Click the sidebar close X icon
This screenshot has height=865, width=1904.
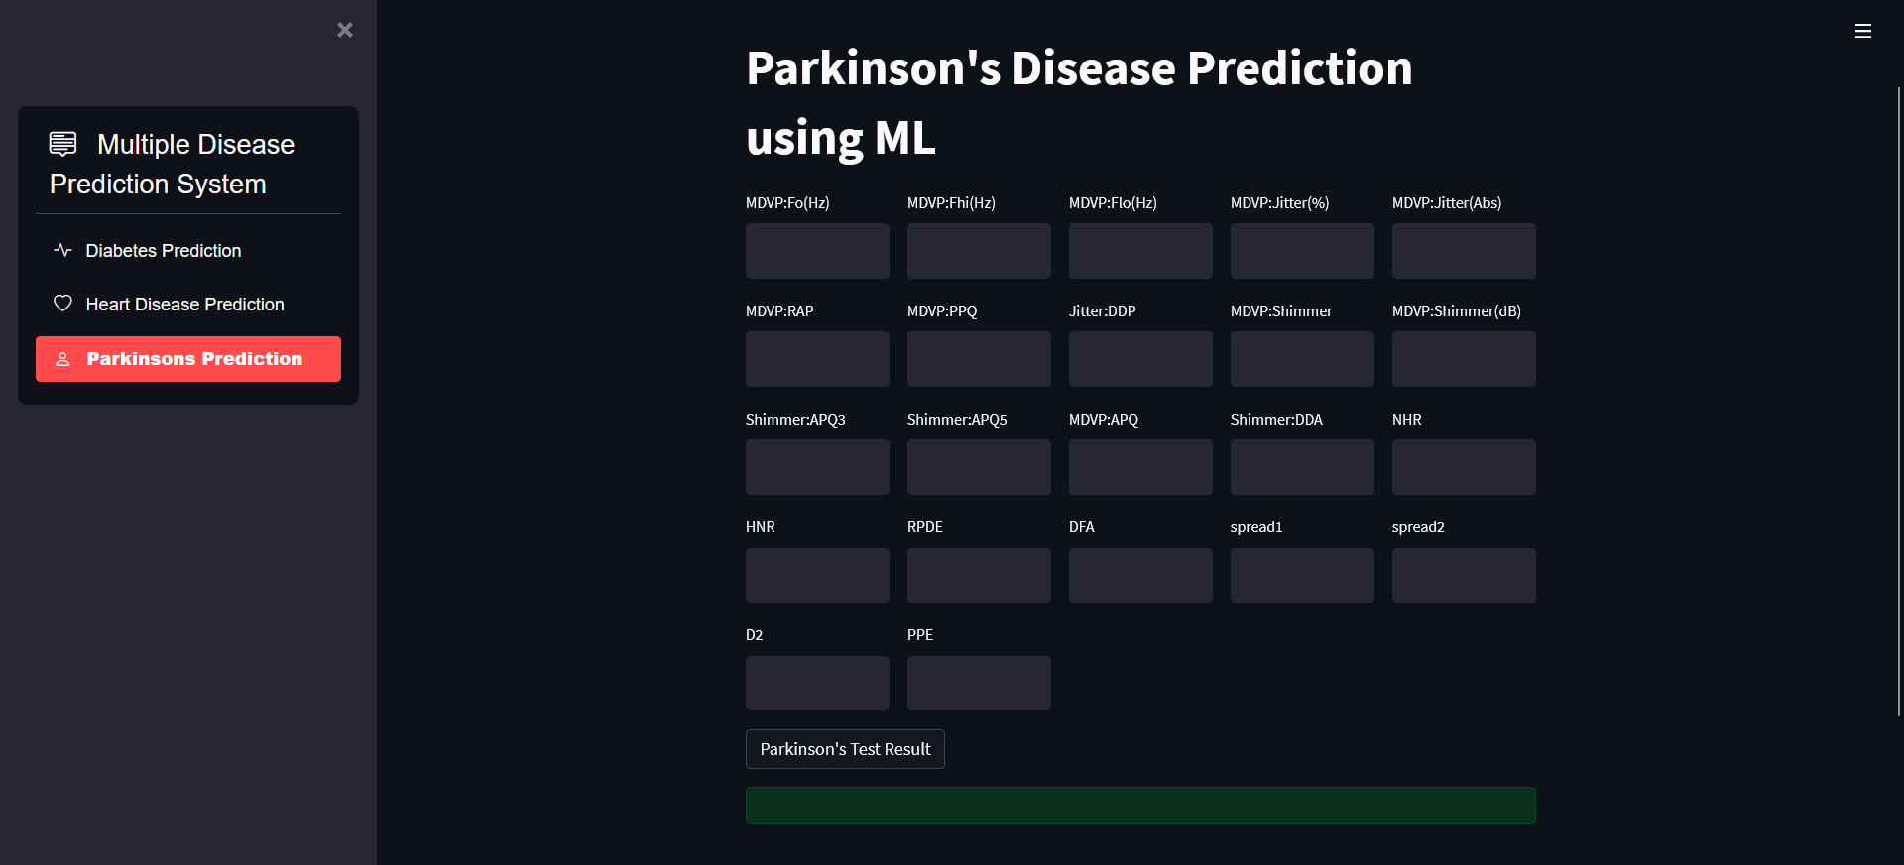click(x=345, y=30)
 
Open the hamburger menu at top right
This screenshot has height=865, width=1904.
click(x=1863, y=31)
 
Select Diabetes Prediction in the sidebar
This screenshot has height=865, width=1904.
click(x=164, y=251)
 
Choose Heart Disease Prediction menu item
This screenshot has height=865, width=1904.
click(x=184, y=305)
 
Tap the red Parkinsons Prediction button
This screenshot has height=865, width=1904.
click(x=188, y=359)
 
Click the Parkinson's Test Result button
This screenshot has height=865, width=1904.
click(x=845, y=749)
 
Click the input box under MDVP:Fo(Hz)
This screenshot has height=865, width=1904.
click(x=817, y=251)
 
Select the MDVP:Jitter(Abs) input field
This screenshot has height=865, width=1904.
click(x=1464, y=251)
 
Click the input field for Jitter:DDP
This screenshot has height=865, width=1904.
click(x=1140, y=359)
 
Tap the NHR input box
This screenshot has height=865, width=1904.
click(x=1464, y=467)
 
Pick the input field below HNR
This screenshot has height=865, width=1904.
click(x=817, y=575)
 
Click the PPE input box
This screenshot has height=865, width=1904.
click(x=979, y=682)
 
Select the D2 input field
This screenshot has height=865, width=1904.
click(x=817, y=682)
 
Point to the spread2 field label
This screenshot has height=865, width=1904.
click(x=1418, y=527)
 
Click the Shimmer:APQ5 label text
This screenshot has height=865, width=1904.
click(x=957, y=420)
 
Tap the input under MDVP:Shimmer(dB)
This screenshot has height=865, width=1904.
click(x=1464, y=359)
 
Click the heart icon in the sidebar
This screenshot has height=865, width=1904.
click(x=62, y=304)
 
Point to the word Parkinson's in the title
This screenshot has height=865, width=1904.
click(x=873, y=68)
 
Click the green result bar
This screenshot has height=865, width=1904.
click(x=1140, y=805)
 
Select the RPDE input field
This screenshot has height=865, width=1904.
click(x=979, y=575)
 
